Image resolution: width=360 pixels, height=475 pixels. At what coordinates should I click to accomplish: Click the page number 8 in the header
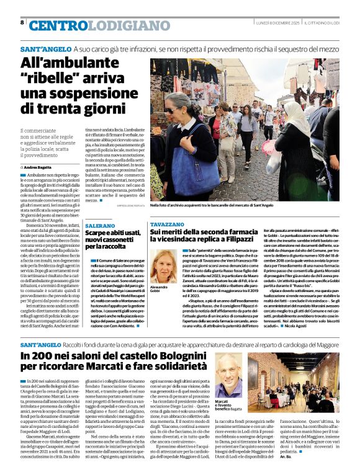22,22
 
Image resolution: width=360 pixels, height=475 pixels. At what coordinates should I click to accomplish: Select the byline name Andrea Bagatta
42,167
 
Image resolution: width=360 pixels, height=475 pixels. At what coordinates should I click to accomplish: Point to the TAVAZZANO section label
168,223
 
